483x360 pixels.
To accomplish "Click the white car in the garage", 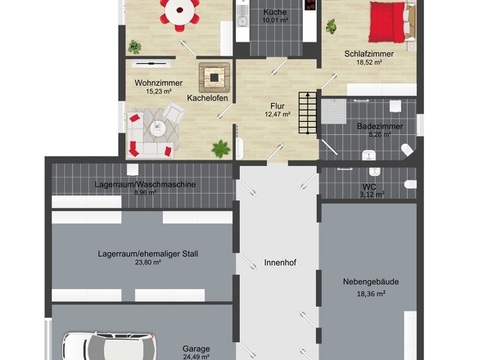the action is tap(110, 346).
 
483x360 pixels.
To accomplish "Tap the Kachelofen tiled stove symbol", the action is tap(214, 77).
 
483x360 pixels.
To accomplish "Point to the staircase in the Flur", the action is tap(308, 112).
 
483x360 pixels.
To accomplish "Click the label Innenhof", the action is tap(280, 263).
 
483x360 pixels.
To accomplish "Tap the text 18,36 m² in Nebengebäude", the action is tap(371, 294).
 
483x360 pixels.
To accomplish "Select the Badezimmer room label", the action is tap(380, 126).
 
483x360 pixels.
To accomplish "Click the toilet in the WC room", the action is tap(411, 184).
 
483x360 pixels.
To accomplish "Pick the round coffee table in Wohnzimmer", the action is tap(158, 128).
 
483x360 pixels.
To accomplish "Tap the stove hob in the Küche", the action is tap(309, 5).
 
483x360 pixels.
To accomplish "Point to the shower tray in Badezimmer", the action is tap(334, 111).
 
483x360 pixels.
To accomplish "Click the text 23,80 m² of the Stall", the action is tap(148, 263).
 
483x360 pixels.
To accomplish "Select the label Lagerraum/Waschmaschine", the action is tap(145, 184).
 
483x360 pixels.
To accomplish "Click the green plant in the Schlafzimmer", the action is tap(331, 26).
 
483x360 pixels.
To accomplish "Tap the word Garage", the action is tap(196, 349).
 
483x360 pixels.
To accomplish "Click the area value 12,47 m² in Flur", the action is tap(278, 115).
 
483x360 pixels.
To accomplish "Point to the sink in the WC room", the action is tap(374, 171).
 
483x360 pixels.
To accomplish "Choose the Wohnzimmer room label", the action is tap(159, 83).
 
